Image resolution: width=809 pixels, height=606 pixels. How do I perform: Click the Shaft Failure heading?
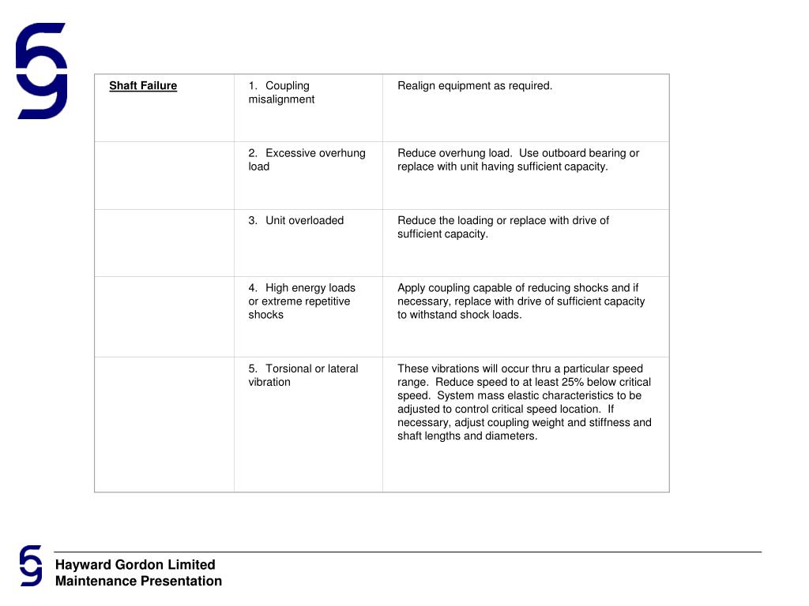point(143,86)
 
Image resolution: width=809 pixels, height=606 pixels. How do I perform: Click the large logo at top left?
point(41,71)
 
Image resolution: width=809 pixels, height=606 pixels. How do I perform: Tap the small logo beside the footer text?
point(31,565)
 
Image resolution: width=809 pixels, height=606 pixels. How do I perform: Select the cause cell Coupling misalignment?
point(281,92)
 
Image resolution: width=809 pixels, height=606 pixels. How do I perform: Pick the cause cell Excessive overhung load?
point(307,159)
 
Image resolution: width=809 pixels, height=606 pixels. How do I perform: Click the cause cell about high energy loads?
point(301,301)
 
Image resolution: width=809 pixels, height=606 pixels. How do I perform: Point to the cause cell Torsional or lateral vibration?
point(303,375)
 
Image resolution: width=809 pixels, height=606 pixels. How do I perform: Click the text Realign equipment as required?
point(475,86)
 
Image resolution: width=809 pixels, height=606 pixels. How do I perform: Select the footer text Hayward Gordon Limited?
point(135,564)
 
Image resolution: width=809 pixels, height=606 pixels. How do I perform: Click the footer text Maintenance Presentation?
point(138,582)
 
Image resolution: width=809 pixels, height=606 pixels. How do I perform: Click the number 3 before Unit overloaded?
point(252,221)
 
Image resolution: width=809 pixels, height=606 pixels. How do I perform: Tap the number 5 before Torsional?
point(252,368)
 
